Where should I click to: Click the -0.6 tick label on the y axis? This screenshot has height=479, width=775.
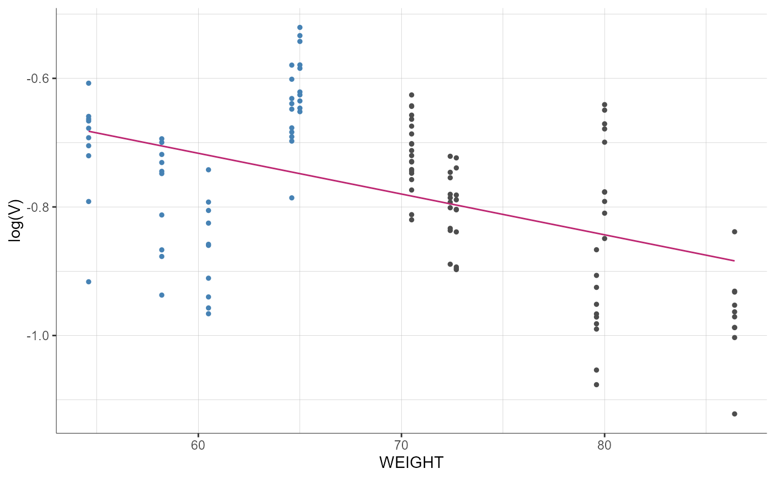[x=38, y=79]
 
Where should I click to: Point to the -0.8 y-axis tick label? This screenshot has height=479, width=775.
[x=38, y=207]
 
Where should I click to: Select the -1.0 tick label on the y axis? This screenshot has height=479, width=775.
[x=38, y=335]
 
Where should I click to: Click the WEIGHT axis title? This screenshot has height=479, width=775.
[x=411, y=462]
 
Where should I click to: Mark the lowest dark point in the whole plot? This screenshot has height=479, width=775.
[x=735, y=414]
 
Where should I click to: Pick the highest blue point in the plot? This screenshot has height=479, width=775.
[x=299, y=27]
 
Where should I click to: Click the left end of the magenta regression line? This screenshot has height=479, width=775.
[x=89, y=131]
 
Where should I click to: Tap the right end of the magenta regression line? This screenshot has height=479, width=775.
[x=735, y=261]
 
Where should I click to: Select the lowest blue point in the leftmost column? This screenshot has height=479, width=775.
[x=89, y=282]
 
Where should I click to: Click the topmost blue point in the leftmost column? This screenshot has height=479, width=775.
[x=89, y=83]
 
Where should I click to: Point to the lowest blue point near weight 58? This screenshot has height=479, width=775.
[x=162, y=295]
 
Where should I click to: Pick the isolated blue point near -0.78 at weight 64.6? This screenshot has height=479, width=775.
[x=292, y=197]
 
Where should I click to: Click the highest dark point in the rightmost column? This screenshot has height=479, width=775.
[x=735, y=232]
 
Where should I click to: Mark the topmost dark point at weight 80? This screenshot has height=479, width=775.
[x=604, y=105]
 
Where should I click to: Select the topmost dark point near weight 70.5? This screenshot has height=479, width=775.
[x=411, y=95]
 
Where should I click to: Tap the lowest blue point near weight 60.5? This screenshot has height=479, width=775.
[x=209, y=314]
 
